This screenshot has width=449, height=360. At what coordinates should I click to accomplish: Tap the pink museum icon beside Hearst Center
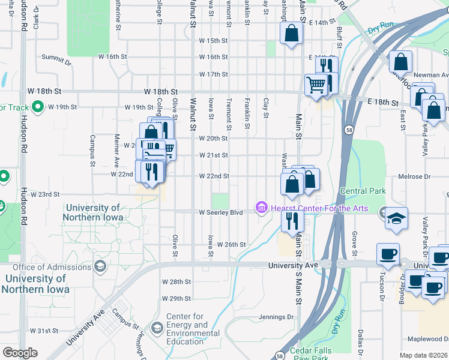point(261,209)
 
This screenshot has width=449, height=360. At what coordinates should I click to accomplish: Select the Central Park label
point(363,191)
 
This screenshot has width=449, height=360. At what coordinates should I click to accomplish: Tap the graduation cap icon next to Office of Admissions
point(100,266)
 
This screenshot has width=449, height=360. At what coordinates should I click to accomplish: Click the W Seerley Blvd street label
point(221,212)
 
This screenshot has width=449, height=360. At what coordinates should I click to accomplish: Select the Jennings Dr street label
point(279,317)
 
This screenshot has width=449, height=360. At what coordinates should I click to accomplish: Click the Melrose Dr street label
point(415,177)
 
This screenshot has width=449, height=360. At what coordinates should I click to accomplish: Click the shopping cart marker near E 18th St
point(316,84)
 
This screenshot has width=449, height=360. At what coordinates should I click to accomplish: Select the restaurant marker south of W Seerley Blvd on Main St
point(292,220)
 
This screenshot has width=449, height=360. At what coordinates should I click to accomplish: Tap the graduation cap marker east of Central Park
point(397,219)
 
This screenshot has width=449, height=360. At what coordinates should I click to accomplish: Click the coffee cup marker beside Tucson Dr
point(388,254)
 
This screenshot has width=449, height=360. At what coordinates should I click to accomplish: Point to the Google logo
point(20,353)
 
